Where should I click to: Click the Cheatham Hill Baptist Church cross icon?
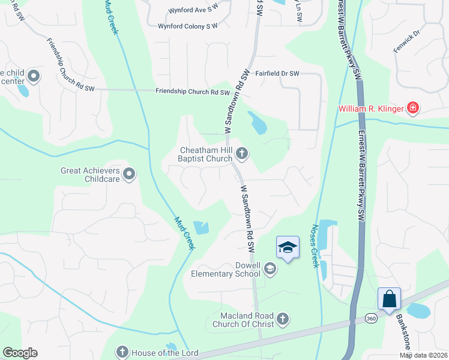click(x=242, y=154)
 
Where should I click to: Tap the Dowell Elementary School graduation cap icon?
click(x=270, y=269)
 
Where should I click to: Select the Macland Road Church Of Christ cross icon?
click(x=283, y=319)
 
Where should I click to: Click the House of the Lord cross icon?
click(x=122, y=352)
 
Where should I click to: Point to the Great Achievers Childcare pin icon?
click(x=129, y=175)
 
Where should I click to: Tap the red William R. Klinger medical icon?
click(x=412, y=109)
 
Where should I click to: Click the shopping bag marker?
click(x=389, y=298)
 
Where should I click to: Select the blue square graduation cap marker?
click(x=288, y=247)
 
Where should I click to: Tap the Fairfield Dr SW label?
click(x=277, y=74)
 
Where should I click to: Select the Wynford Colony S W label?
click(x=187, y=26)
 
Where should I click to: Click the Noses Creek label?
click(x=313, y=247)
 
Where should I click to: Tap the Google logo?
click(x=20, y=353)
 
